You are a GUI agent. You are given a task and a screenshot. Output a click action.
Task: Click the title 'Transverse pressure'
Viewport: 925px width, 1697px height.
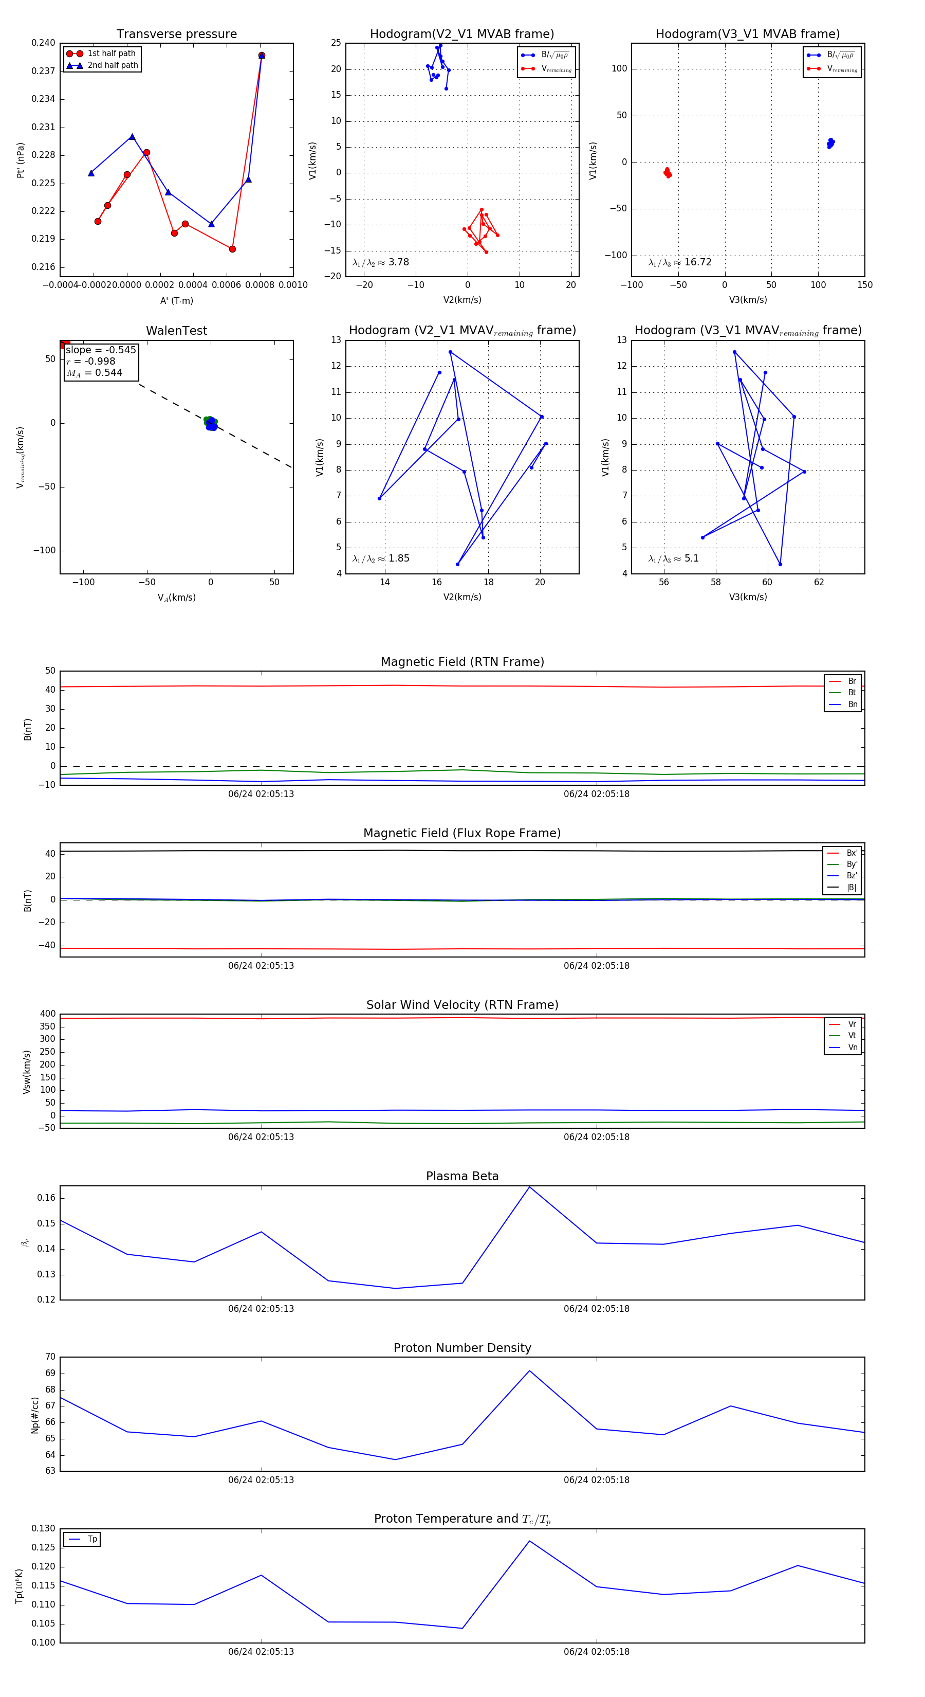[176, 34]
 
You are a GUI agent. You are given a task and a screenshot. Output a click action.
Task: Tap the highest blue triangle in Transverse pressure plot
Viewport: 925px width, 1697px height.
[262, 56]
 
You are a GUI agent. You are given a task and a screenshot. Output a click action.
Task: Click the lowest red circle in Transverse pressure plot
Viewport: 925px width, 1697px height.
[232, 249]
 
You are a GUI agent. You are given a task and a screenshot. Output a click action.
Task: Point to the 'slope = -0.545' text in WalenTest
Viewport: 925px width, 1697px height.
[101, 350]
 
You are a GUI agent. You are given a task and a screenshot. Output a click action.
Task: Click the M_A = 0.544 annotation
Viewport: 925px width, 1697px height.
[94, 373]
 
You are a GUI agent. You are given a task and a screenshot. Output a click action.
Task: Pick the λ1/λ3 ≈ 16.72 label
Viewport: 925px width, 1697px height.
[679, 262]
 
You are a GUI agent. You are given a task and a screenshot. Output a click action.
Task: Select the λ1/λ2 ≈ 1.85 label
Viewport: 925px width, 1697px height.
[380, 558]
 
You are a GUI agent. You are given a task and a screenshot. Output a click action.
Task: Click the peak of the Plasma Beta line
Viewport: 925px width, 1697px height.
[529, 1187]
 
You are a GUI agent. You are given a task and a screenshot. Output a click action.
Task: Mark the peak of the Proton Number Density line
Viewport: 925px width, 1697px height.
[529, 1371]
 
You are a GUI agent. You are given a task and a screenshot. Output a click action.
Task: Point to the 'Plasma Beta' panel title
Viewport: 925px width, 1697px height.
[462, 1176]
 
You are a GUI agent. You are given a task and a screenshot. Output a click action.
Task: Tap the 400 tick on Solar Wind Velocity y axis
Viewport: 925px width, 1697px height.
[47, 1014]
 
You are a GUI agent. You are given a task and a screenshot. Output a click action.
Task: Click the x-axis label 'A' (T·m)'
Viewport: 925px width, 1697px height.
[176, 301]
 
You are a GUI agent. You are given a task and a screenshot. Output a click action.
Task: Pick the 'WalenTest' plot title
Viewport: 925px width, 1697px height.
[176, 331]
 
